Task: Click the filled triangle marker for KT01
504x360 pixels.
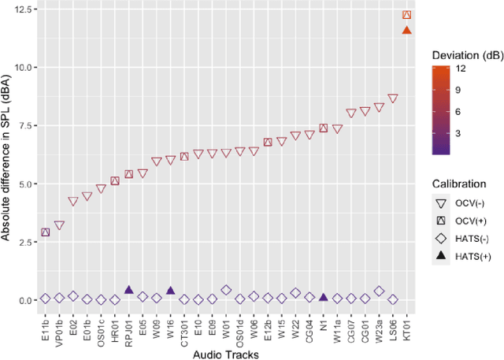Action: pyautogui.click(x=406, y=30)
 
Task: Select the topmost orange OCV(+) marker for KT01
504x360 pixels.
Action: pyautogui.click(x=406, y=15)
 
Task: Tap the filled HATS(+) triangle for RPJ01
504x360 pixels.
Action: pyautogui.click(x=128, y=290)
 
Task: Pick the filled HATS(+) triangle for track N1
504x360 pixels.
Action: pyautogui.click(x=323, y=297)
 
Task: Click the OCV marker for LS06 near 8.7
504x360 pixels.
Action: pyautogui.click(x=393, y=98)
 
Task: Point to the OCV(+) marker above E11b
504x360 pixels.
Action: pyautogui.click(x=45, y=232)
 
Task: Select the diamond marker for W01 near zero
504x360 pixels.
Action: pyautogui.click(x=226, y=290)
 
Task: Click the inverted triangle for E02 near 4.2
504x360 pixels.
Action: pyautogui.click(x=73, y=202)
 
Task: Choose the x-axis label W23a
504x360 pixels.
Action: pyautogui.click(x=379, y=328)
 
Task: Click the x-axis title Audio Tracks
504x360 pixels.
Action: pyautogui.click(x=227, y=354)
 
